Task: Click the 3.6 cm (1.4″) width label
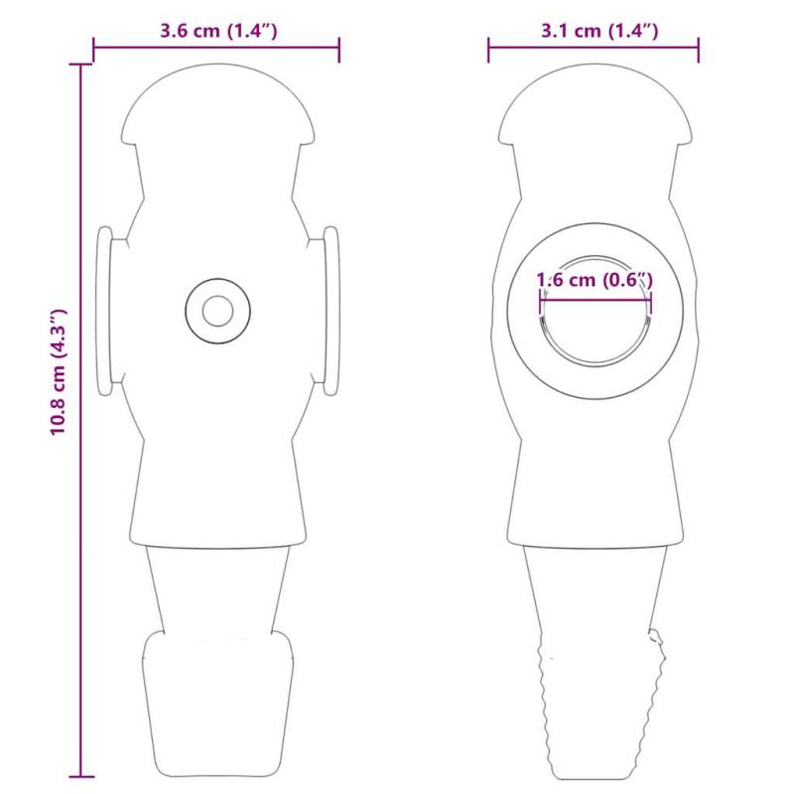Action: tap(218, 31)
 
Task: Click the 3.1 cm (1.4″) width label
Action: tap(599, 31)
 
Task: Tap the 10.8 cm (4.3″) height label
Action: tap(59, 371)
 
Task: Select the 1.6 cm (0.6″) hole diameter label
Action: tap(595, 280)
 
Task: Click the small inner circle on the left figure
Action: tap(217, 311)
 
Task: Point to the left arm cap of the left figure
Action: tap(104, 311)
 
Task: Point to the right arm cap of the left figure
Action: tap(331, 311)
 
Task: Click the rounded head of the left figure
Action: tap(217, 103)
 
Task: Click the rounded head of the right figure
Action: tap(595, 103)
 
